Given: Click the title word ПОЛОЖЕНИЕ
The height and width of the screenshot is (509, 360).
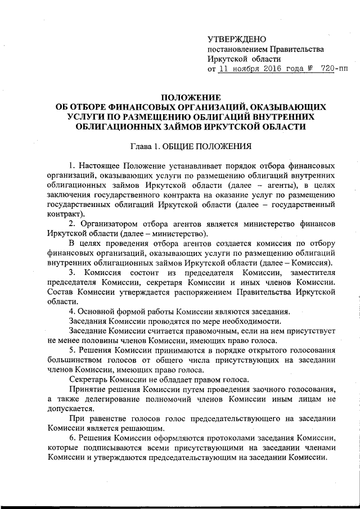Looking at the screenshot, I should coord(188,97).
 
